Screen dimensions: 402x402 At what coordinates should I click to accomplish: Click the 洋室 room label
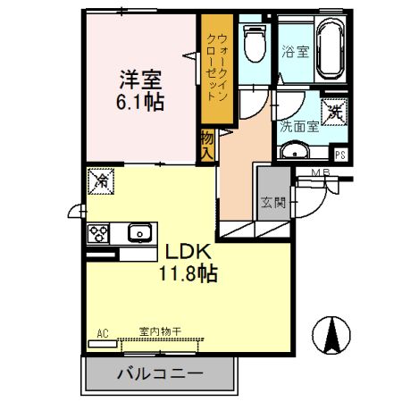[142, 78]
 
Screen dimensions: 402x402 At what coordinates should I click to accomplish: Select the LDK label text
[187, 252]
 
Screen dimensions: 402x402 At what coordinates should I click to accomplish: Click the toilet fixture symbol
[254, 41]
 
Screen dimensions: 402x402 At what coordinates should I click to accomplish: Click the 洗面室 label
[298, 127]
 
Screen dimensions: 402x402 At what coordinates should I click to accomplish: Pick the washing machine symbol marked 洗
[334, 113]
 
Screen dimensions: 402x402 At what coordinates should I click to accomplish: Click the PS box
[339, 152]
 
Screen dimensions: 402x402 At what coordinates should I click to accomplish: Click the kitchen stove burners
[97, 234]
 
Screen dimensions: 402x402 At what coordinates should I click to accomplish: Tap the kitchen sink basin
[140, 234]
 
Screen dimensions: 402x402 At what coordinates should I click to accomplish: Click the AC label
[103, 333]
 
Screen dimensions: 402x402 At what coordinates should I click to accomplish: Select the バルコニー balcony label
[160, 373]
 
